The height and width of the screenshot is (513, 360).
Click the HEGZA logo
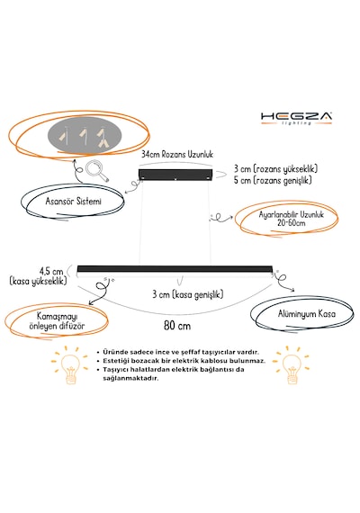click(296, 118)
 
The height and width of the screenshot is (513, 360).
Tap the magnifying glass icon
click(96, 170)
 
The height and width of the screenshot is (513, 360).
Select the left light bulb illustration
click(69, 364)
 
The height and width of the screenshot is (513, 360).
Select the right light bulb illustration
click(291, 364)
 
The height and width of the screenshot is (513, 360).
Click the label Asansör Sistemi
click(73, 201)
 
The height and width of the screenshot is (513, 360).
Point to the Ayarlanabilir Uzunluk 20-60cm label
click(291, 219)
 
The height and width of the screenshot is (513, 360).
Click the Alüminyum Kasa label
click(307, 314)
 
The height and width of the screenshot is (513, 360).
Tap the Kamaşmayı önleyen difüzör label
click(57, 321)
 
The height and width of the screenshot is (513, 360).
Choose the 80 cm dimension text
click(177, 326)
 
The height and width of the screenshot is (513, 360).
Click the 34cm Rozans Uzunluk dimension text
click(177, 154)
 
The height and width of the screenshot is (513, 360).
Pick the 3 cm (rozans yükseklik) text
click(275, 169)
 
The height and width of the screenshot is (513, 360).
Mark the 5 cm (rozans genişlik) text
click(273, 180)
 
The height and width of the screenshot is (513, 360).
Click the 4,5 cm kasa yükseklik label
click(39, 276)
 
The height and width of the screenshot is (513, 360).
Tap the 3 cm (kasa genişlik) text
click(187, 294)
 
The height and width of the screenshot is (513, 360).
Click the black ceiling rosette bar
click(175, 175)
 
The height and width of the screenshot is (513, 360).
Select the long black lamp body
click(175, 269)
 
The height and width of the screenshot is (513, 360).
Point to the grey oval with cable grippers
click(85, 135)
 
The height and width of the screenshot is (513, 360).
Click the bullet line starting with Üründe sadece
click(177, 352)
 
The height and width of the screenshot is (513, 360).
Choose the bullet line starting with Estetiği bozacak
click(181, 361)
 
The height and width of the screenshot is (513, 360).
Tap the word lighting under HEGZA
click(296, 123)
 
